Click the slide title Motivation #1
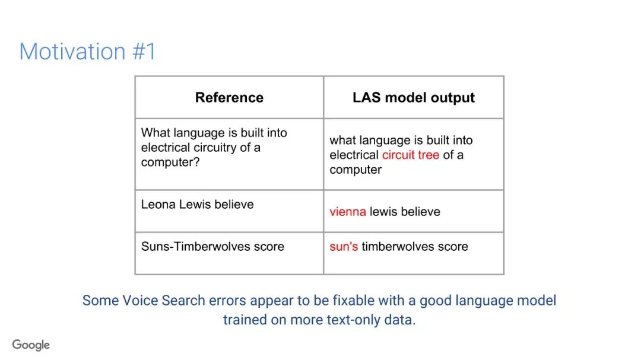(x=87, y=52)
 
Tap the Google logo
(x=31, y=345)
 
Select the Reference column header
(x=229, y=97)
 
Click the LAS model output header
(x=413, y=97)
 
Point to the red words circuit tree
(x=411, y=155)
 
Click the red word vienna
(x=347, y=212)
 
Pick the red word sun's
(x=344, y=246)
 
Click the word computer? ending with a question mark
(x=170, y=163)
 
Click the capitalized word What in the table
(x=154, y=133)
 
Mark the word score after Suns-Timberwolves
(x=269, y=246)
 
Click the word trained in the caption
(x=245, y=320)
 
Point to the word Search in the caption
(x=183, y=300)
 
